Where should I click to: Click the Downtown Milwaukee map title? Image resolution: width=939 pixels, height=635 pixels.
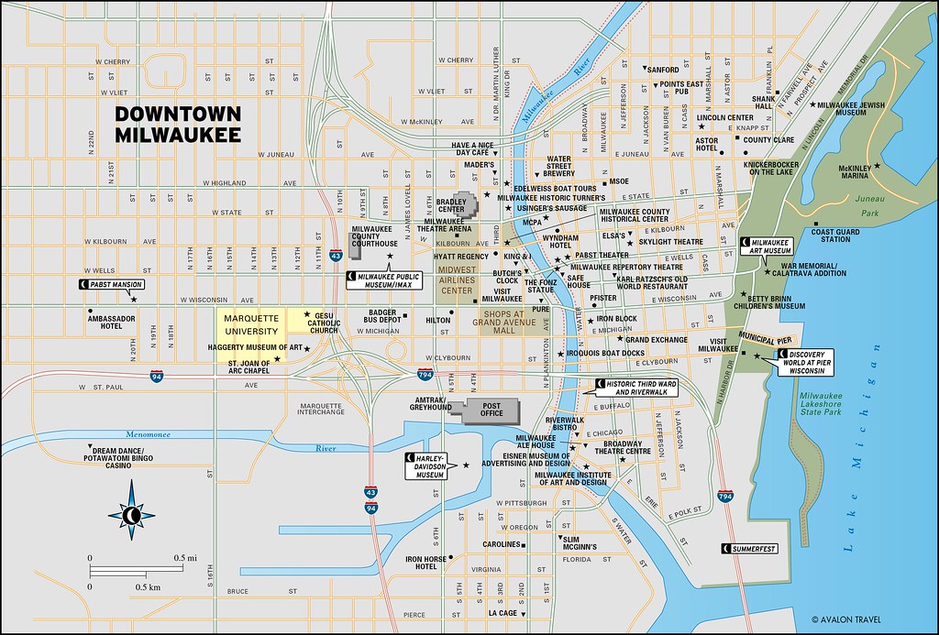point(178,124)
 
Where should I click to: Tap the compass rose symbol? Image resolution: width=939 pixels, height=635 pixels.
point(131,515)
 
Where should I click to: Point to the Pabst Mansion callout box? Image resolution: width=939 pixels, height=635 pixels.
point(113,285)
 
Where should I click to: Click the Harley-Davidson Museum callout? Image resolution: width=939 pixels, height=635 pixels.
point(429,465)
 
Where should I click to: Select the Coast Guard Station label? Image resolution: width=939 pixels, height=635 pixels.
point(834,235)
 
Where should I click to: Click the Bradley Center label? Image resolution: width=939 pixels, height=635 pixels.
point(451,205)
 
